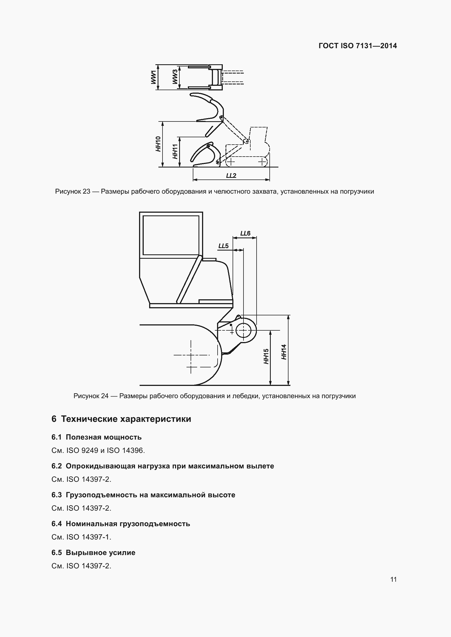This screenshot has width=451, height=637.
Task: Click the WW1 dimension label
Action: (153, 77)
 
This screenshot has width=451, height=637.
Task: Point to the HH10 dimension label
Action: (158, 144)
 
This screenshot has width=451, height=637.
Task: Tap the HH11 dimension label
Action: (175, 151)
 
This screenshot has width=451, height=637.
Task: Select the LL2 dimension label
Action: (231, 176)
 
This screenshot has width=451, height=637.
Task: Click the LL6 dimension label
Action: (245, 233)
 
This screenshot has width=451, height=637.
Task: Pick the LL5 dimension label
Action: (224, 246)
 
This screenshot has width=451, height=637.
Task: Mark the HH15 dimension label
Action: (266, 356)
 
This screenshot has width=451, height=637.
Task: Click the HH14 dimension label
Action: (284, 352)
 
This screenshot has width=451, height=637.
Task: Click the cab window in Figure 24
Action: (171, 235)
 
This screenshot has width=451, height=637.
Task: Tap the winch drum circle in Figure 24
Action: (243, 330)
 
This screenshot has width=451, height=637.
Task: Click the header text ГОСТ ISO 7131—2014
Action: (358, 46)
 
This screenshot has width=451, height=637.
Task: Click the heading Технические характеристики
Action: (126, 419)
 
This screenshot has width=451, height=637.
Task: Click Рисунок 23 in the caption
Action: (73, 191)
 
